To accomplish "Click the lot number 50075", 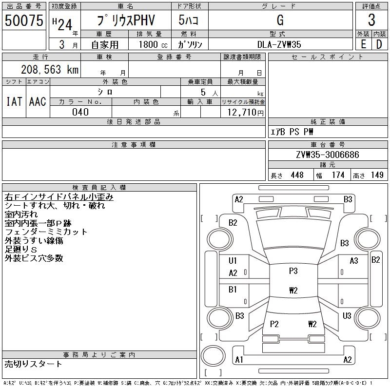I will [x=24, y=20].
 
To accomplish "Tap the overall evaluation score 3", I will [x=371, y=20].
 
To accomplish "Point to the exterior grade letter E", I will [x=363, y=44].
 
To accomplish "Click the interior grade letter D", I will [x=379, y=44].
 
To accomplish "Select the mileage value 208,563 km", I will [x=49, y=69].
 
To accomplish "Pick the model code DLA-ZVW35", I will [x=279, y=44].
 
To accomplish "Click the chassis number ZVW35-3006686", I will [x=327, y=155].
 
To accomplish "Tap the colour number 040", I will [x=80, y=112].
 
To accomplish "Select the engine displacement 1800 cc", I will [x=149, y=44].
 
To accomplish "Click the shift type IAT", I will [x=14, y=101].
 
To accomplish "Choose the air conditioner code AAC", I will [x=38, y=101].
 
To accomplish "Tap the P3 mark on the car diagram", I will [x=293, y=271].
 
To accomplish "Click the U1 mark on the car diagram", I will [x=233, y=261].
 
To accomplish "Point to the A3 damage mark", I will [x=354, y=261].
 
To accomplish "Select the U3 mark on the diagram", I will [x=347, y=316].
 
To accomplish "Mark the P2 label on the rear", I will [x=274, y=324].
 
